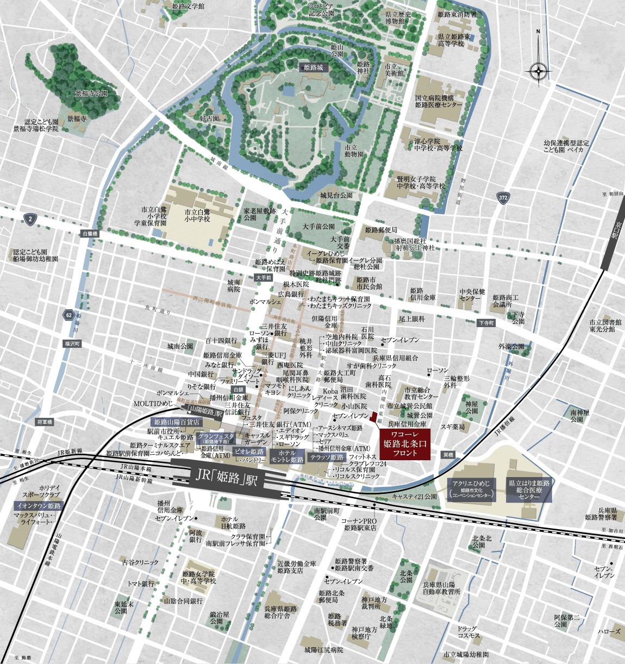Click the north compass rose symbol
538,70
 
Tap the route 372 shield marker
503,198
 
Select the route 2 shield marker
29,219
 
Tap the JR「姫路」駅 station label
227,479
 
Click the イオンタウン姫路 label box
38,505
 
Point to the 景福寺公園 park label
91,93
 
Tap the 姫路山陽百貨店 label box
177,421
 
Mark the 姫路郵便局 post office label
380,230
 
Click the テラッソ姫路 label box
326,458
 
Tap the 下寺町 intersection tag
486,323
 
